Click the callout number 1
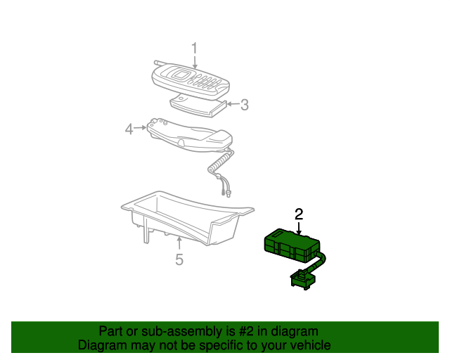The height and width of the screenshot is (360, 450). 195,48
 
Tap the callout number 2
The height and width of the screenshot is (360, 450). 299,214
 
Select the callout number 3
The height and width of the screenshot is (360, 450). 245,105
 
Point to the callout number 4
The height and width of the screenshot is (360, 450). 129,129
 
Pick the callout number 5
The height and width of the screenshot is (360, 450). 179,259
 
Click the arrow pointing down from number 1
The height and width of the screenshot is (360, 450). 195,62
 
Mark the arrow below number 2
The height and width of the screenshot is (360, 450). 299,229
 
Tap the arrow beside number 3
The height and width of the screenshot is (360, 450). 233,103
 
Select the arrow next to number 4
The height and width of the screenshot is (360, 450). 141,128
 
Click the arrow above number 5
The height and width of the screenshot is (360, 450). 179,244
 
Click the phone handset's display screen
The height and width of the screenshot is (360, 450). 180,75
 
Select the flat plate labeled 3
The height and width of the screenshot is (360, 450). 198,106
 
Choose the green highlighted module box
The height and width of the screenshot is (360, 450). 292,245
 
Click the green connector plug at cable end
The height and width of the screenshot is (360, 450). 303,279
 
